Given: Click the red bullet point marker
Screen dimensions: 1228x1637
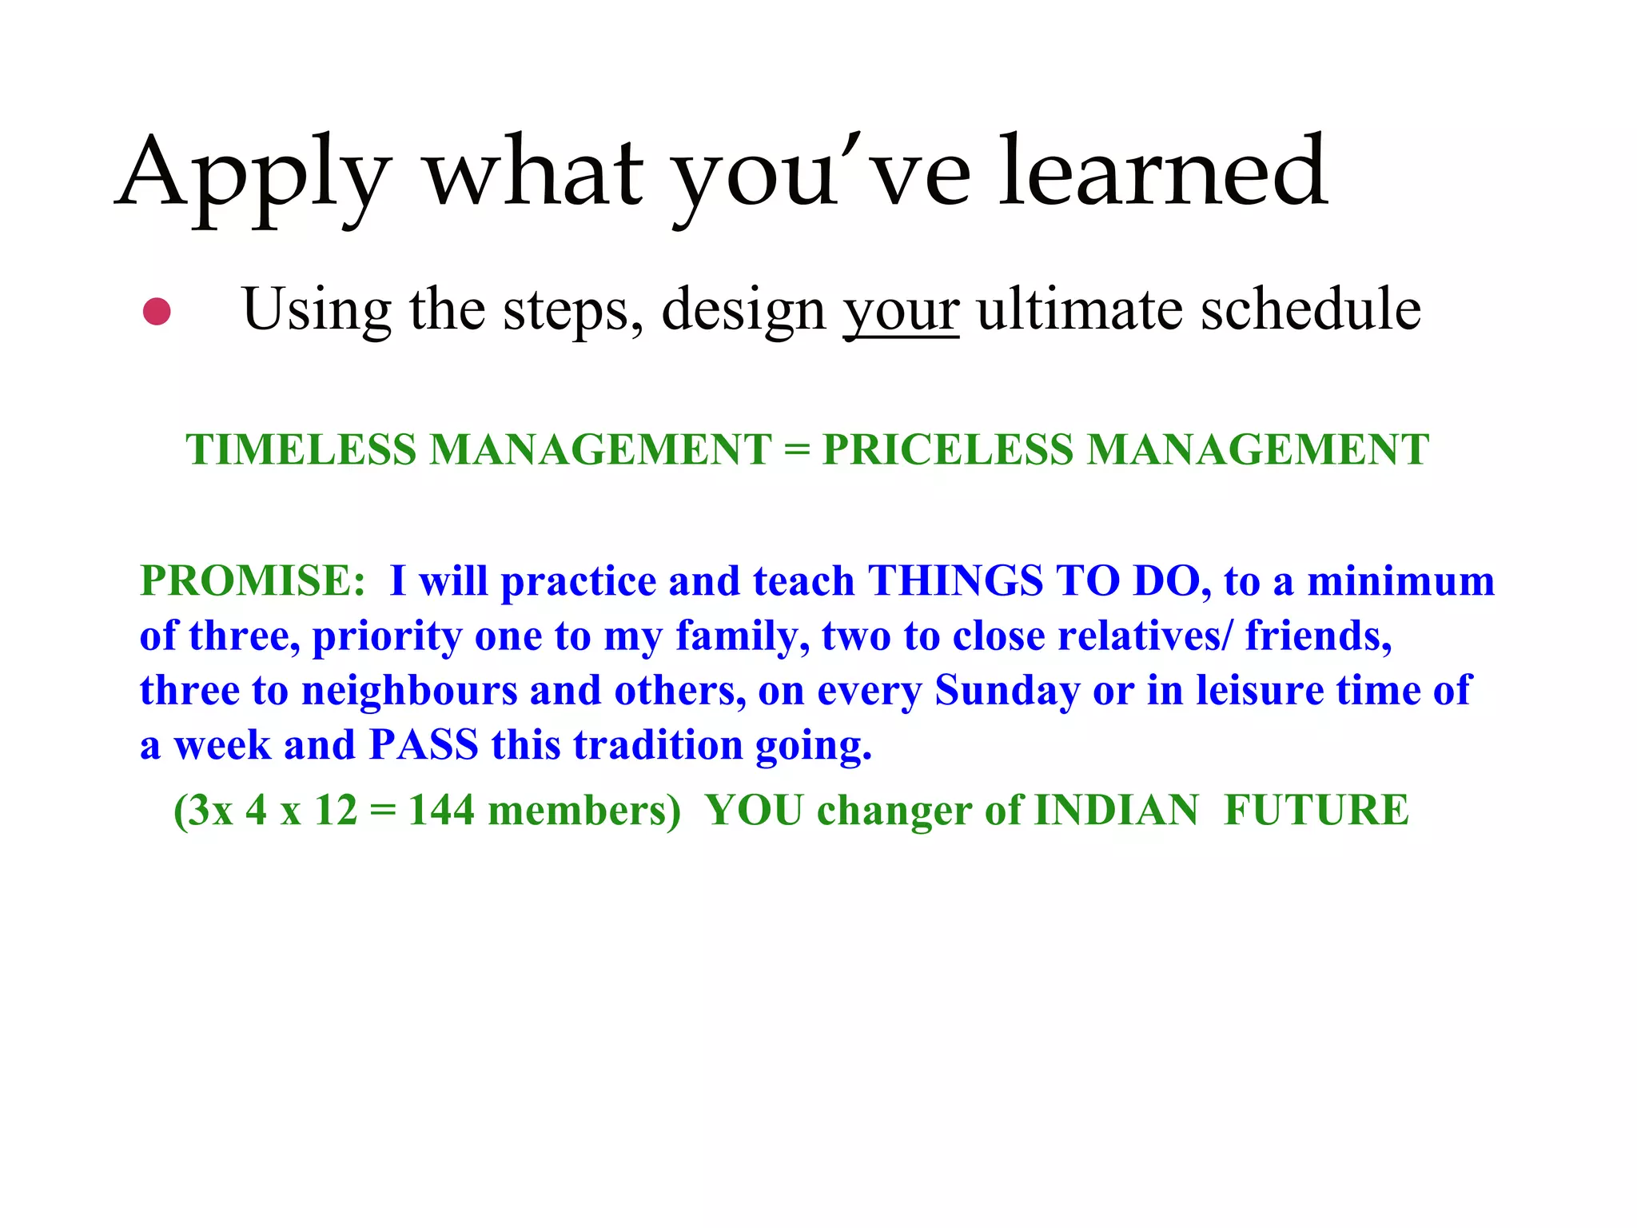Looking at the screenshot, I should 157,312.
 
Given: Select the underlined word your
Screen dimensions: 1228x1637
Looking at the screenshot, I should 901,310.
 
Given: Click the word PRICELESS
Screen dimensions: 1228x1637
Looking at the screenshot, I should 948,449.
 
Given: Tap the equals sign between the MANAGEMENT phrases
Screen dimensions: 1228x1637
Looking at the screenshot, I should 797,450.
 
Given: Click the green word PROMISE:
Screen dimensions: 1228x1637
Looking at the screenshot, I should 253,581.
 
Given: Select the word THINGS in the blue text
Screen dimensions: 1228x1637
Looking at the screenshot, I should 955,581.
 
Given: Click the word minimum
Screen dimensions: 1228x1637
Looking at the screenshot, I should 1400,581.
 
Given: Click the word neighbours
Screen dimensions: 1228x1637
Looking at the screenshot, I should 409,691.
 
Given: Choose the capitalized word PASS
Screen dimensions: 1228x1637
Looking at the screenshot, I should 424,745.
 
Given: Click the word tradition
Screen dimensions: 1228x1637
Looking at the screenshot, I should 659,745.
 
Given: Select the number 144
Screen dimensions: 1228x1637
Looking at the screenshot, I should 441,811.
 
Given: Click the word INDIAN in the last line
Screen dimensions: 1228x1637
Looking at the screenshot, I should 1117,811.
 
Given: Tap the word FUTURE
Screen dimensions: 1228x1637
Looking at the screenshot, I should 1316,811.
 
